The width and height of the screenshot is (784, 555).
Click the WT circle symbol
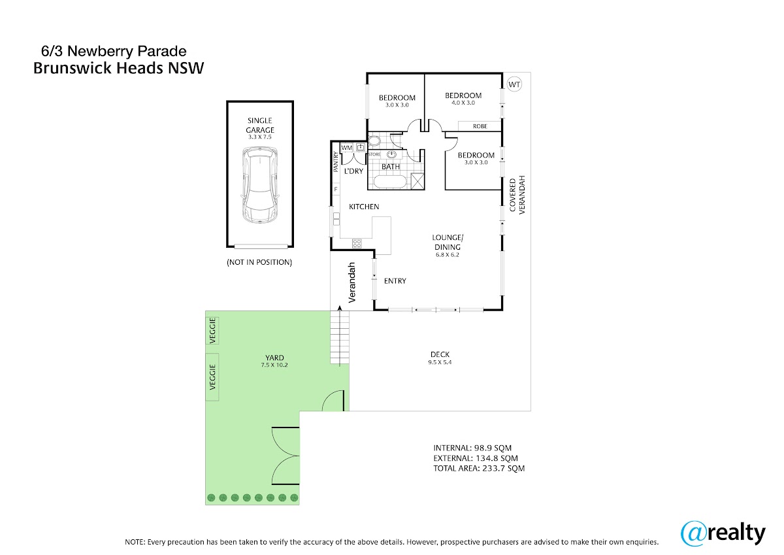pos(514,84)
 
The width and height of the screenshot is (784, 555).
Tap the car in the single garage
pos(260,185)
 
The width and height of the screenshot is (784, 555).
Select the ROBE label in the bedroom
pos(480,126)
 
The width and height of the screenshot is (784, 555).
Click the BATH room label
pos(390,167)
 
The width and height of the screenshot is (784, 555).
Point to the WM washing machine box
pos(346,148)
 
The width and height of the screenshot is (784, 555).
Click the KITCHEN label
pos(364,207)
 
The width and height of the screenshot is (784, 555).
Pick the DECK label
pos(440,354)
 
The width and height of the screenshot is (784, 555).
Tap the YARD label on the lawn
pos(274,358)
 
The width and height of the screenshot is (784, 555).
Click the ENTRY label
pos(395,281)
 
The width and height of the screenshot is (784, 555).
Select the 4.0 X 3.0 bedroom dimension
pos(463,103)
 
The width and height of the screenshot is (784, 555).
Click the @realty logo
pos(723,533)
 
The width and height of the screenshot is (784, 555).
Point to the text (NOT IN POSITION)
pos(259,262)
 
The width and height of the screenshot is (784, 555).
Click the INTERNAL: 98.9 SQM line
pos(472,448)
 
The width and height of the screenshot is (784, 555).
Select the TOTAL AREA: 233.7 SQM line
pos(479,468)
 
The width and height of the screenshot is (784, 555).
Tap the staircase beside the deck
pos(340,337)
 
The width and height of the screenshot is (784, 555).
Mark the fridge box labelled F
pos(336,190)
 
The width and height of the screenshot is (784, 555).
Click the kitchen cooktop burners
pos(357,243)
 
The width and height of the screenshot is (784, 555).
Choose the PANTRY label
pos(336,161)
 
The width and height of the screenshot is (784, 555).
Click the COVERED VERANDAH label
pos(517,195)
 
